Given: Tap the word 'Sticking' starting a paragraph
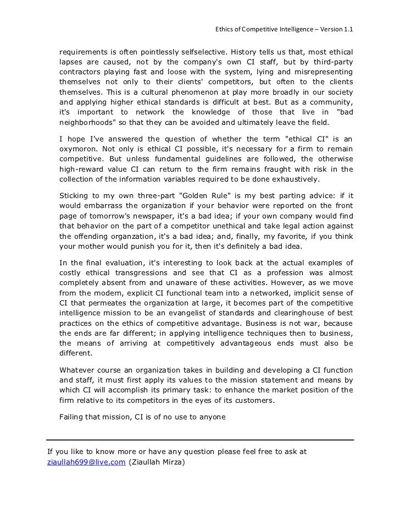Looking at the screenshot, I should pos(74,196).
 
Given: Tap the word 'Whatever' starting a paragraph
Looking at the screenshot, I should pos(77,370).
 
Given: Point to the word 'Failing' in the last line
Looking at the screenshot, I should pos(73,417).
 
